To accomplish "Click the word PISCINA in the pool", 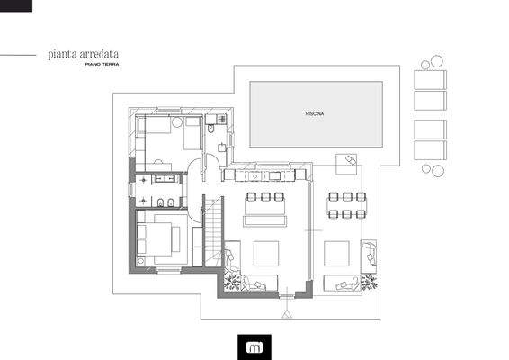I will (314, 114).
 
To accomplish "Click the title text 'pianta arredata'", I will (83, 55).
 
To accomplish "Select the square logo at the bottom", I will (254, 345).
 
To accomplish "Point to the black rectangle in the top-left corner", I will (16, 5).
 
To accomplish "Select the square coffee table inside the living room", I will (266, 253).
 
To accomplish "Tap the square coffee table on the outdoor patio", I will (336, 253).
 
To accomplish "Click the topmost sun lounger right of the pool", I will (430, 77).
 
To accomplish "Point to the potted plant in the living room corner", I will (232, 283).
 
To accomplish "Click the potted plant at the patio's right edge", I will (368, 282).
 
